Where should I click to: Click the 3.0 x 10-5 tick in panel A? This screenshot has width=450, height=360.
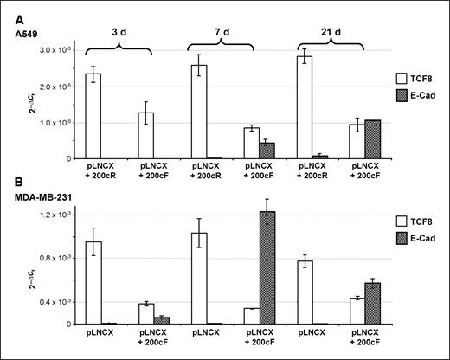57,51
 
